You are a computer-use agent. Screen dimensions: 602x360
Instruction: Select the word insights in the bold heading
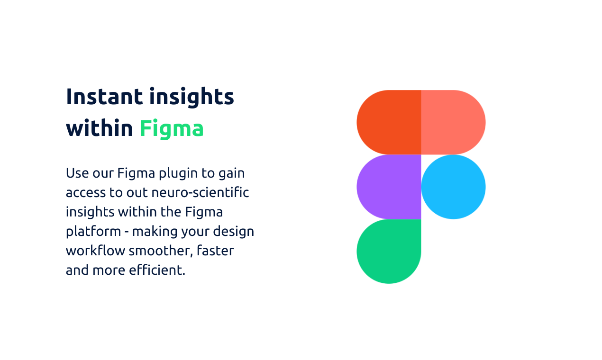click(192, 97)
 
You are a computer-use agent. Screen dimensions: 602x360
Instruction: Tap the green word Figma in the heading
click(172, 128)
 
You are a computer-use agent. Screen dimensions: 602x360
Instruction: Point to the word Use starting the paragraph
click(77, 173)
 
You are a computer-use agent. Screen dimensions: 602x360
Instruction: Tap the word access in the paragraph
click(86, 193)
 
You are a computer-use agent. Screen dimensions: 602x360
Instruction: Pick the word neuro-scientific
click(200, 192)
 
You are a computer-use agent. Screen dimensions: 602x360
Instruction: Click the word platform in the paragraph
click(93, 231)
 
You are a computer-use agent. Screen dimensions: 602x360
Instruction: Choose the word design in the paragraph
click(233, 231)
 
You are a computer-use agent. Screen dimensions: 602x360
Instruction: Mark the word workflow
click(95, 251)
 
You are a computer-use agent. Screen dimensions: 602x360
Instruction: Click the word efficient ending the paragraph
click(157, 270)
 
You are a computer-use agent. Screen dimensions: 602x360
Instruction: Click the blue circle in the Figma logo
click(453, 187)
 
